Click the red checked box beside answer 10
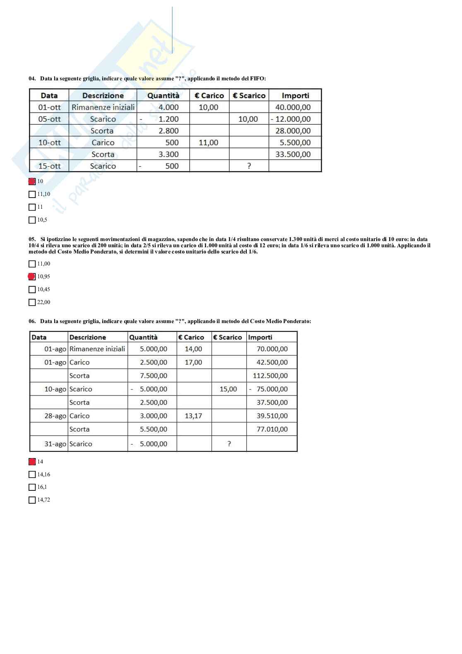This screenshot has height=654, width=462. coord(32,181)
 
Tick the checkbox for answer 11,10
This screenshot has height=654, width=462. coord(32,194)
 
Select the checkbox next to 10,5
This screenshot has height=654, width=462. coord(32,220)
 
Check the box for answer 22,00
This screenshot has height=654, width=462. coord(32,302)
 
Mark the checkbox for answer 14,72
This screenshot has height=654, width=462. coord(32,500)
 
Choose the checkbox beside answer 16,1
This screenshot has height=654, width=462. coord(32,487)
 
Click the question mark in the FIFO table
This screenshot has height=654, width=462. coord(249,166)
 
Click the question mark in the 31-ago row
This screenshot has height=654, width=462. coord(229,444)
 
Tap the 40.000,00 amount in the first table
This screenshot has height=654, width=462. coord(293,107)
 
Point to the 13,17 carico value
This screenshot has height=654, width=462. coord(193,416)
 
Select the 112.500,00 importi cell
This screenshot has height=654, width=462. coord(270,376)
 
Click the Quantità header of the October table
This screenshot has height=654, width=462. coord(164,96)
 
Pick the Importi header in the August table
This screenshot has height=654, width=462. coord(260,337)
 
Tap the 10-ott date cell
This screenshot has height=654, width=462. coord(49,142)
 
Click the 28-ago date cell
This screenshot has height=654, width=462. coord(55,416)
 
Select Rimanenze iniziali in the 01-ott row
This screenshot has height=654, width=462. coord(103,107)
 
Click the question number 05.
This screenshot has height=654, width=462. coord(32,239)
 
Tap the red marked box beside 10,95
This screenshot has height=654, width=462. coord(32,277)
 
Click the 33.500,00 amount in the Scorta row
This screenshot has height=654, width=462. coord(293,154)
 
